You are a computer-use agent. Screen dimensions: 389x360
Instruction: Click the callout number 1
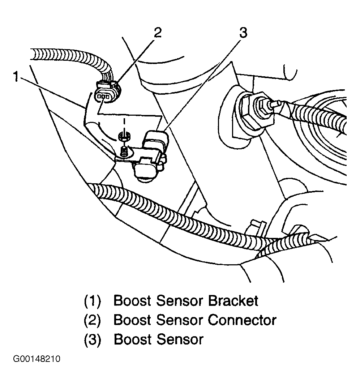point(16,77)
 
